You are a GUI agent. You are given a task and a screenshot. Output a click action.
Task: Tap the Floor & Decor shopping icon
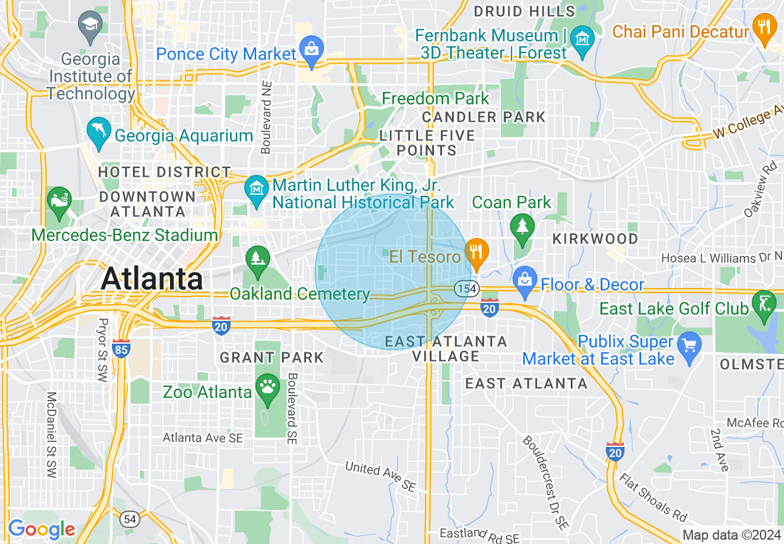click(x=525, y=280)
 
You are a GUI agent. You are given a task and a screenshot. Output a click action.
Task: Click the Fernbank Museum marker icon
click(x=582, y=39)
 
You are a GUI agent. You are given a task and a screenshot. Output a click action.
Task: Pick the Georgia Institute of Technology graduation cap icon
click(x=91, y=26)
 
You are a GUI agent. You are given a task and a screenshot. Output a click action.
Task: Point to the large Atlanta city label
click(x=151, y=278)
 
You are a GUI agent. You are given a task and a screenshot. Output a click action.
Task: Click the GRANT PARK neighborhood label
click(x=272, y=357)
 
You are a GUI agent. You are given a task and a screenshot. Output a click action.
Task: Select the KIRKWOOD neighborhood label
click(x=595, y=239)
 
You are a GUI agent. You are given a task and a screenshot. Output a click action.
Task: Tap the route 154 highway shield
click(x=466, y=288)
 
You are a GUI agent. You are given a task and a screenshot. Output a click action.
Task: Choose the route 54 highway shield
click(x=130, y=519)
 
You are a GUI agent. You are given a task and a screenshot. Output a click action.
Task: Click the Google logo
click(x=41, y=529)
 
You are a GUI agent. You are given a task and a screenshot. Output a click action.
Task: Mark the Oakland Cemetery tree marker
click(x=258, y=259)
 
